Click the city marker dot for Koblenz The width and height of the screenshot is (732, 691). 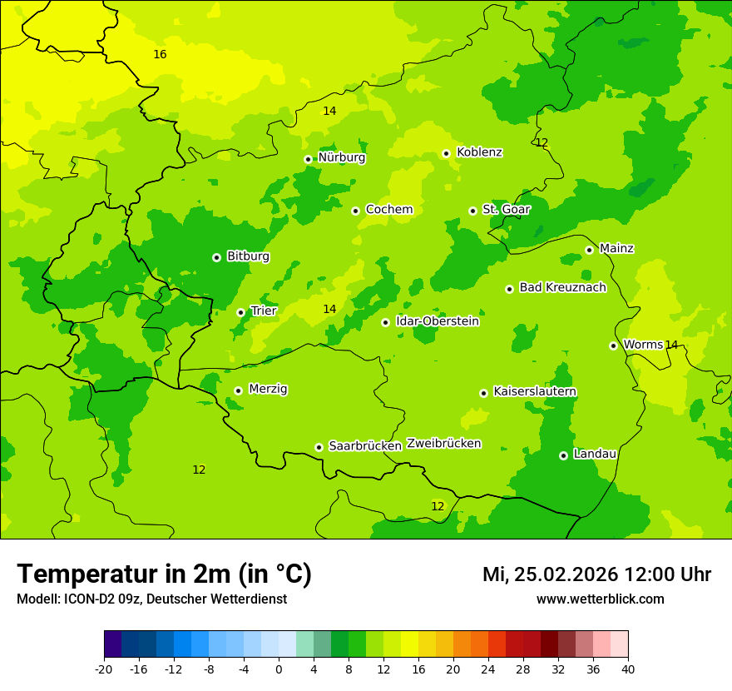(x=447, y=153)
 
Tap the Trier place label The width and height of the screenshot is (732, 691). (x=263, y=311)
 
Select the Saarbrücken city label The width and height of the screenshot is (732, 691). (x=365, y=446)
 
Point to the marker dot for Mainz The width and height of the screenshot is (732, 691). (x=589, y=250)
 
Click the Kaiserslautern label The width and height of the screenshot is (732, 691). (x=535, y=391)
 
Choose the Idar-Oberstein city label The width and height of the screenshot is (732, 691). (x=438, y=321)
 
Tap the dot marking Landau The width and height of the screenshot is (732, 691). (x=563, y=455)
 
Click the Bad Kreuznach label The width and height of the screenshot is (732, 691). (x=562, y=287)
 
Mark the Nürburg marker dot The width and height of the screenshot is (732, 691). (x=308, y=159)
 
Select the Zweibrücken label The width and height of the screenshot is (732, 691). (x=443, y=444)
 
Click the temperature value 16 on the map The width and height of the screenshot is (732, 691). (x=160, y=54)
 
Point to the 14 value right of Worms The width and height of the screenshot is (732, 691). (x=671, y=345)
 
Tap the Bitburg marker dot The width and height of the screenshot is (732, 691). (x=216, y=257)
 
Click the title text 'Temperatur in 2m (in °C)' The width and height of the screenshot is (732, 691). (x=164, y=574)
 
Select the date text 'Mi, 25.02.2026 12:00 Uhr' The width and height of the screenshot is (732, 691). (x=596, y=574)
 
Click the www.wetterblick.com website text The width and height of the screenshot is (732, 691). (x=600, y=599)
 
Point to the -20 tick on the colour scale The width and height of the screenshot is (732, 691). (x=104, y=669)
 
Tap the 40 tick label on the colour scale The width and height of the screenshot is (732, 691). (x=628, y=669)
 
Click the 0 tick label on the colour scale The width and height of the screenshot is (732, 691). (x=279, y=669)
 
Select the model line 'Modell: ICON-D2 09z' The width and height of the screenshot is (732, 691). (x=79, y=599)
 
